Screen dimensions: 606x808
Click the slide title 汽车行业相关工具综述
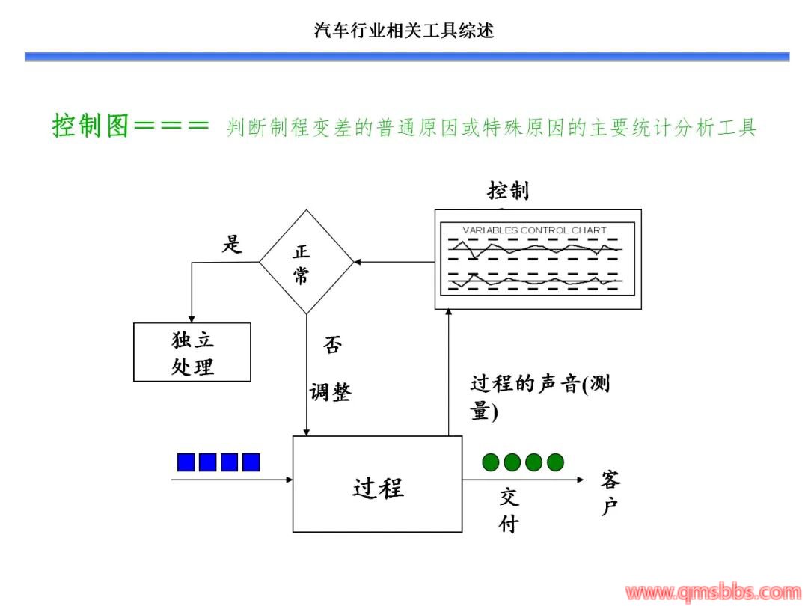click(404, 31)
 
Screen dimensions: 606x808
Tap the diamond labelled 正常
click(306, 262)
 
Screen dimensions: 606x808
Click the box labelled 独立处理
click(192, 352)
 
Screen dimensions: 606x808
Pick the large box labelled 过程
click(377, 484)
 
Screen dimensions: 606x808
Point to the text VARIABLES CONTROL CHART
click(535, 230)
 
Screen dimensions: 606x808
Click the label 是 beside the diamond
click(232, 244)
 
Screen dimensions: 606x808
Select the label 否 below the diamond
click(333, 346)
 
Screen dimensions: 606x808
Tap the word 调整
click(330, 391)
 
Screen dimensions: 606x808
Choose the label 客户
click(610, 494)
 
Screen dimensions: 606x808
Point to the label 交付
click(509, 510)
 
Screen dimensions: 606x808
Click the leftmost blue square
click(186, 462)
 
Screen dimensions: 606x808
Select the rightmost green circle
click(555, 462)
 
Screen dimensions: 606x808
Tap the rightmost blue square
click(251, 462)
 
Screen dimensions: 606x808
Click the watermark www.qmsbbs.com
click(711, 593)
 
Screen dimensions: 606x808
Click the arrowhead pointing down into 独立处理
click(192, 318)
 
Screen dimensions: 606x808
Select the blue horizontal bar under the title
click(407, 57)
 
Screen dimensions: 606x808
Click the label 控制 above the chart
click(508, 191)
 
